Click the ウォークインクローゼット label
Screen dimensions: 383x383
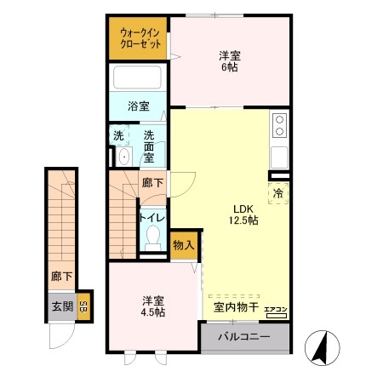(x=138, y=37)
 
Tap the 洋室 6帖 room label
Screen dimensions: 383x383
(x=229, y=61)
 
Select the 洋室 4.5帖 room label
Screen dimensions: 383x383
(x=153, y=306)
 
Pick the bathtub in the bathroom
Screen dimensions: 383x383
(x=139, y=79)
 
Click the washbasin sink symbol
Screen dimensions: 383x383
(x=124, y=157)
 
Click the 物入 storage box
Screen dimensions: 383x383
(x=183, y=245)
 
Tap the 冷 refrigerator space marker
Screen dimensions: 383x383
(x=278, y=193)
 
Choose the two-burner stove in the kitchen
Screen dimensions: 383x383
(x=279, y=126)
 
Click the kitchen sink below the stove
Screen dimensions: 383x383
(x=279, y=157)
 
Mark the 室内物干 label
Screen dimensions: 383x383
(x=230, y=307)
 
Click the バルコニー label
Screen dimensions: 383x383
(x=244, y=337)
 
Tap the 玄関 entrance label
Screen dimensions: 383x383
(x=61, y=307)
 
